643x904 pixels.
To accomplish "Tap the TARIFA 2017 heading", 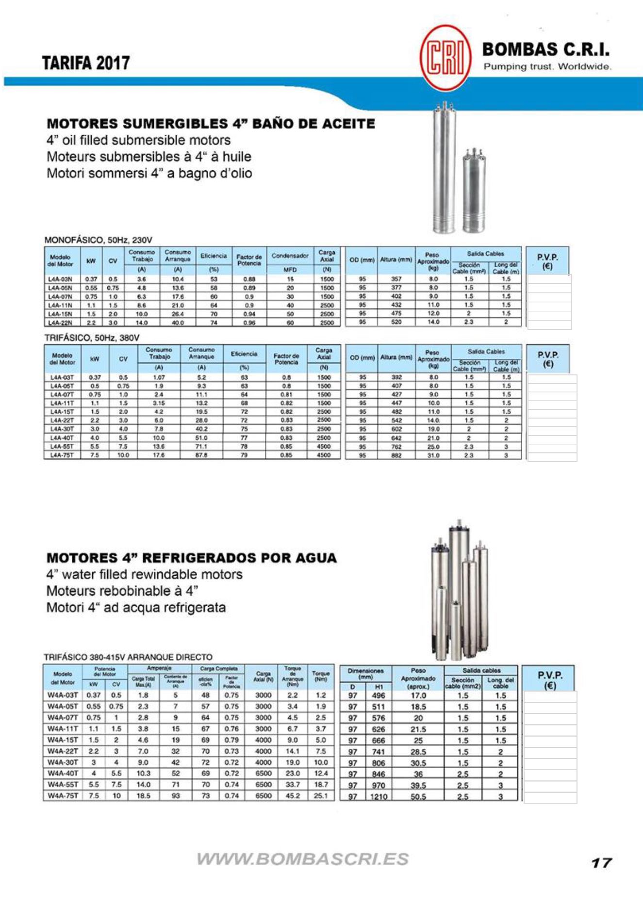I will (x=86, y=63).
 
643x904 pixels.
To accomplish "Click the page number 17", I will (x=601, y=863).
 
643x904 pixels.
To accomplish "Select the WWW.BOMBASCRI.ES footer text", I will (x=303, y=859).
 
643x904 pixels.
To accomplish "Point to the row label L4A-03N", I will (x=60, y=279).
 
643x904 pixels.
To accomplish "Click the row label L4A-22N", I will (x=60, y=323).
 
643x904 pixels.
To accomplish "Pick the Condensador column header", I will (x=290, y=256).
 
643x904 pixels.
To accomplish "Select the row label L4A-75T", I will (x=62, y=455).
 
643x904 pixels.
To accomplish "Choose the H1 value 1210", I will (x=379, y=796).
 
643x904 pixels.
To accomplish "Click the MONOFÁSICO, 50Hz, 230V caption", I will (x=99, y=240).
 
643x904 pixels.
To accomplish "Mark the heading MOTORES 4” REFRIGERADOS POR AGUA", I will (x=192, y=558).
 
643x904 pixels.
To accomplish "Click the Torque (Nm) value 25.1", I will (x=321, y=796).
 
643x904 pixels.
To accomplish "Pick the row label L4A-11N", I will (x=60, y=306).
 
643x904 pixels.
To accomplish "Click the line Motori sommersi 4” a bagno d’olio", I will (x=149, y=174).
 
